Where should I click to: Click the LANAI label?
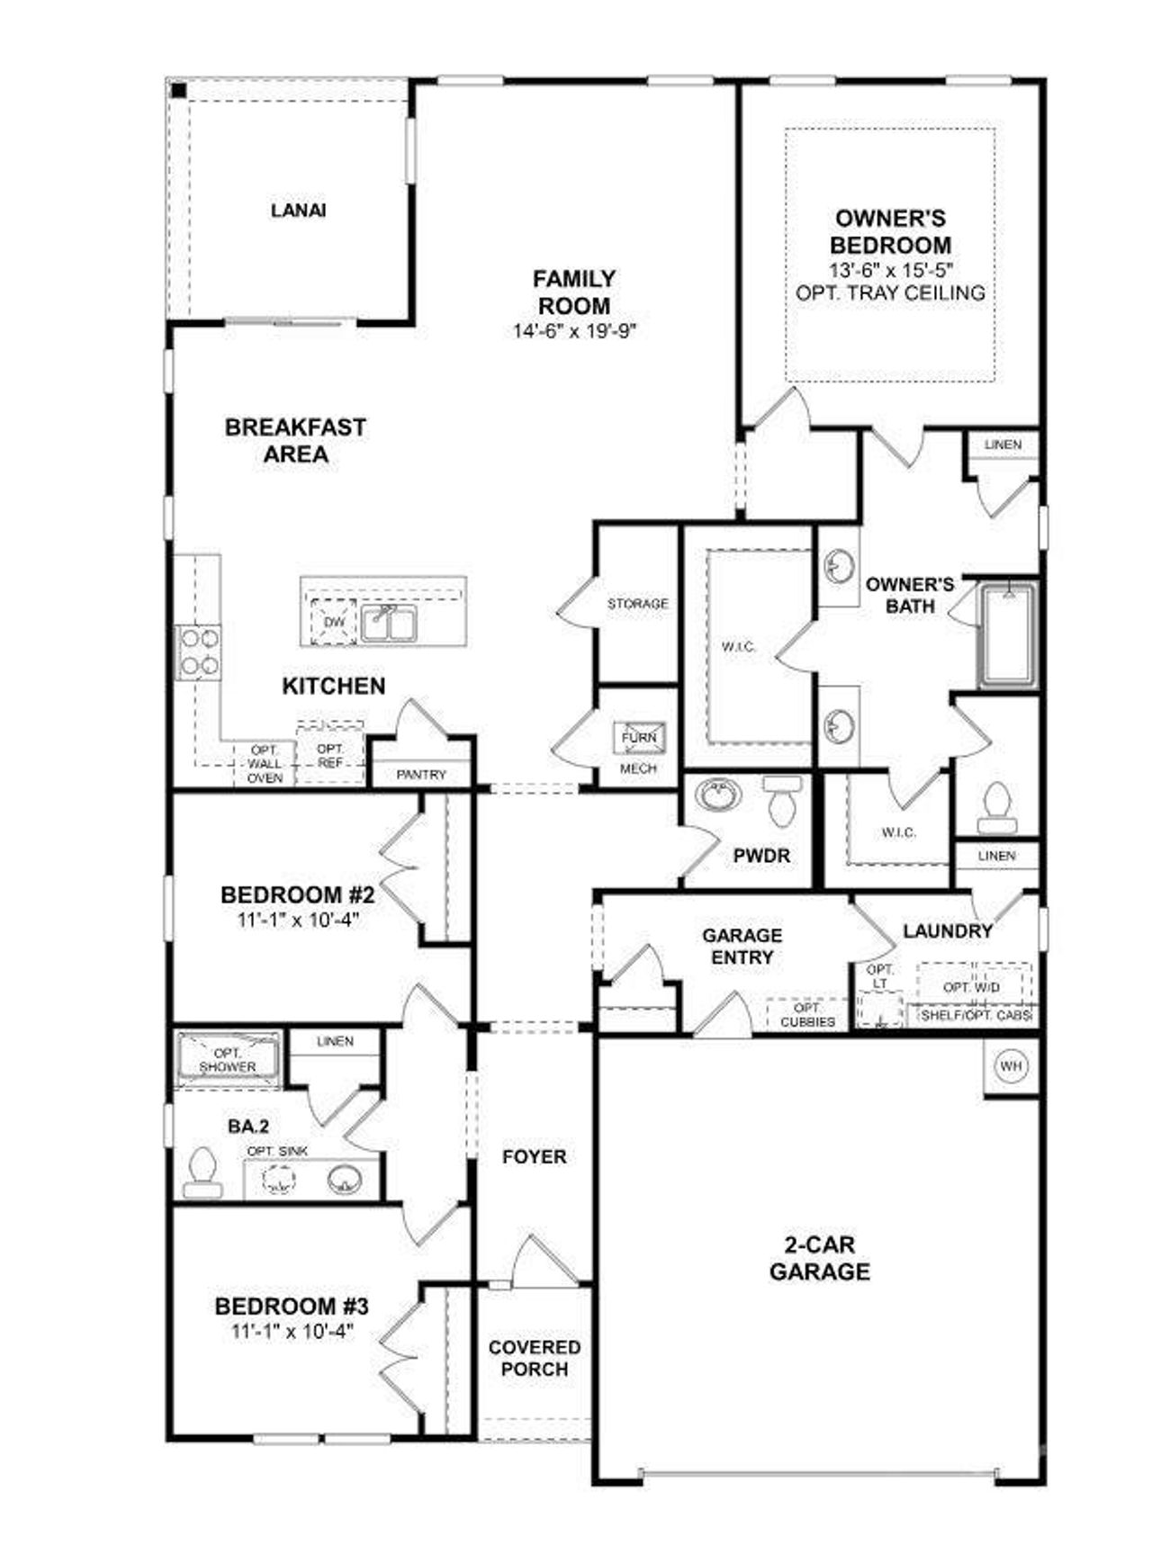tap(298, 211)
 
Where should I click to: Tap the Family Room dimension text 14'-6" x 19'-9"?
tap(574, 331)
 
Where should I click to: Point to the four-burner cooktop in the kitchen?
tap(199, 652)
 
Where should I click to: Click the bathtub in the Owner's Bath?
tap(1008, 634)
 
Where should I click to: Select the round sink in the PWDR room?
tap(719, 795)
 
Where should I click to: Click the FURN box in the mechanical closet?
tap(639, 737)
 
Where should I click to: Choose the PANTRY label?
tap(421, 774)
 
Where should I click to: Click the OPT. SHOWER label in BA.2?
tap(228, 1060)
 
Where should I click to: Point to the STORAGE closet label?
tap(637, 604)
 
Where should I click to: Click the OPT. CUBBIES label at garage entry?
tap(807, 1015)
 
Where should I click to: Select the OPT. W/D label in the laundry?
tap(971, 987)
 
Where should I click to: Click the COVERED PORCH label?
tap(535, 1358)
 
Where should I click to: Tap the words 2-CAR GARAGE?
tap(819, 1258)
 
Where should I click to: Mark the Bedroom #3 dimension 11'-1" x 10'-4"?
tap(291, 1331)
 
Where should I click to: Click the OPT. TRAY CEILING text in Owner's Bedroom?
tap(890, 292)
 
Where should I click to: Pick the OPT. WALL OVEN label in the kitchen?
tap(265, 764)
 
